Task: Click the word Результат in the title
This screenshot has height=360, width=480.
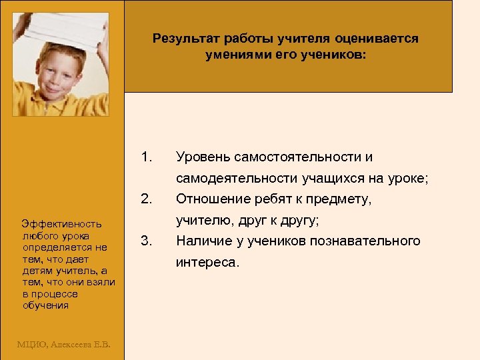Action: tap(183, 39)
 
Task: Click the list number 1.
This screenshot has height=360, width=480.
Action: tap(147, 157)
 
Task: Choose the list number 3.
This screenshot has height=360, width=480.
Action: tap(147, 241)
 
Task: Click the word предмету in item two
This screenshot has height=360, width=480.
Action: tap(343, 199)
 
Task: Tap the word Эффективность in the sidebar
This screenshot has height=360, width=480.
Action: tap(61, 224)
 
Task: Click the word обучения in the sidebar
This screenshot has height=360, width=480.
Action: tap(45, 305)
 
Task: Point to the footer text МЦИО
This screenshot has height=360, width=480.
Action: tap(31, 344)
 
